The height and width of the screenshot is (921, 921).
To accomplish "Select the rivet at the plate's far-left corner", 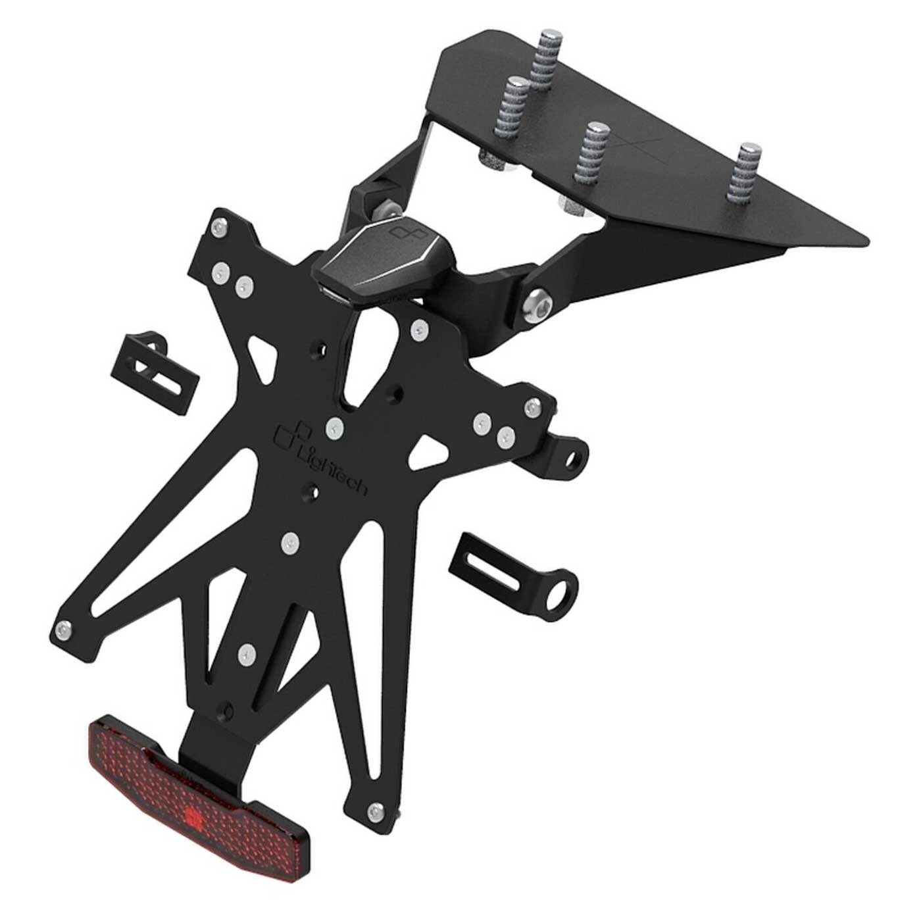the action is (64, 630).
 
